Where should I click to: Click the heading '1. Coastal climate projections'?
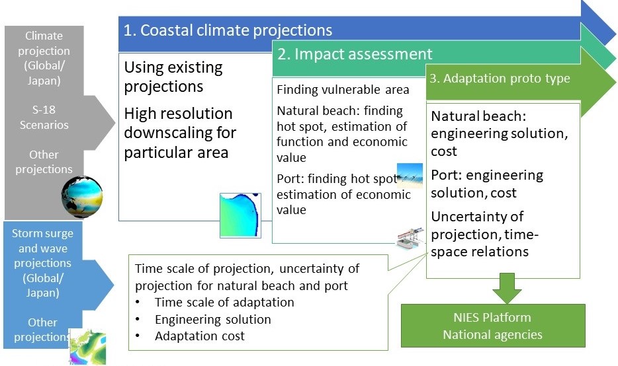click(228, 30)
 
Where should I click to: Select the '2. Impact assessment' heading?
click(355, 54)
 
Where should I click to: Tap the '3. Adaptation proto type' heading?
click(500, 79)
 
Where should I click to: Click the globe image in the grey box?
click(82, 197)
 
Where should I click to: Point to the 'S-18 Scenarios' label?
click(44, 118)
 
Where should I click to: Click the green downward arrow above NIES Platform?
click(507, 288)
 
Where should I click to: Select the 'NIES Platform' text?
click(492, 317)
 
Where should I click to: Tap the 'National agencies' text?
click(493, 334)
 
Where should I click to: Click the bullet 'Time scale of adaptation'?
click(224, 302)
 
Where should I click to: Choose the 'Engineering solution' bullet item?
click(213, 319)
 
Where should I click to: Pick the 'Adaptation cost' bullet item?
click(199, 336)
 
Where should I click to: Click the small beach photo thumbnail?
click(410, 176)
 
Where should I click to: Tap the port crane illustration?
click(410, 238)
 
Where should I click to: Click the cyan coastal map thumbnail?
click(240, 215)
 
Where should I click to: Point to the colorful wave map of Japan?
click(87, 347)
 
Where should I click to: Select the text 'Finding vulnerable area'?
click(343, 90)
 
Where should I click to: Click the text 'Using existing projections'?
click(173, 77)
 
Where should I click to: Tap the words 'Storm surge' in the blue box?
click(42, 233)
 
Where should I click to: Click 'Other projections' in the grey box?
click(44, 162)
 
